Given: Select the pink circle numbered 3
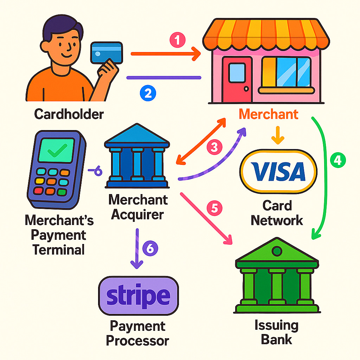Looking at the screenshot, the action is tap(214, 147).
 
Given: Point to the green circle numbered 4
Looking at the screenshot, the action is tap(337, 160).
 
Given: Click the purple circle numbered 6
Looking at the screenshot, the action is tap(150, 249).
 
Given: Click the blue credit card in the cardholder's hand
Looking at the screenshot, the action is tap(106, 54).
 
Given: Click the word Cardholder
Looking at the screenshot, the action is tap(69, 114).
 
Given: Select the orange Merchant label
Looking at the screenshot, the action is tap(269, 114).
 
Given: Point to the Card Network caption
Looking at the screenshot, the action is tap(277, 213).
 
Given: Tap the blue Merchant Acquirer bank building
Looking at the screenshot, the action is tap(137, 160).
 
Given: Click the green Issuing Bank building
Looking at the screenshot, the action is tap(277, 278).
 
